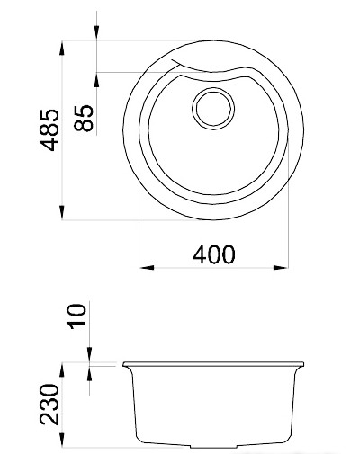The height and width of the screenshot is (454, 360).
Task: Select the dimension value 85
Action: [x=85, y=118]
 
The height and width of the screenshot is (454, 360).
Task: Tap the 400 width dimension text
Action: [x=213, y=254]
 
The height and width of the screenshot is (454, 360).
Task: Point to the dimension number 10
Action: [x=76, y=316]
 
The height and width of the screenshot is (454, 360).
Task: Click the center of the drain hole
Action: [x=212, y=108]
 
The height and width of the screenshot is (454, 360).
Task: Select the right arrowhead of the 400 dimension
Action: [x=285, y=267]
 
